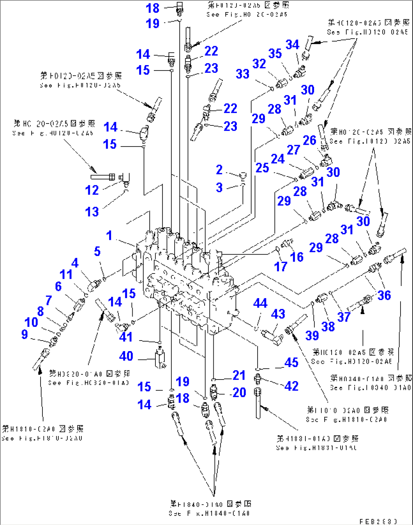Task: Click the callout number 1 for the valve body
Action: coord(109,236)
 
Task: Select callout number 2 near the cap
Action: coord(219,170)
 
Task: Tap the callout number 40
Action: coord(126,356)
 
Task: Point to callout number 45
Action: coord(291,362)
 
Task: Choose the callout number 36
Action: coord(384,295)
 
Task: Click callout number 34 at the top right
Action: coord(292,45)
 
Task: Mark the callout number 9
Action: coord(25,334)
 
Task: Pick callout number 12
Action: coord(92,190)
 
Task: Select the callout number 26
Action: coord(309,141)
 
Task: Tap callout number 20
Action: coord(239,392)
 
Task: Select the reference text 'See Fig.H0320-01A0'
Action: coord(89,383)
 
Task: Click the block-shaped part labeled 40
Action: coord(160,359)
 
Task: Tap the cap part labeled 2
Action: coord(243,175)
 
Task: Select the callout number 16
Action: coord(297,257)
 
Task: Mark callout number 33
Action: coord(242,73)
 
